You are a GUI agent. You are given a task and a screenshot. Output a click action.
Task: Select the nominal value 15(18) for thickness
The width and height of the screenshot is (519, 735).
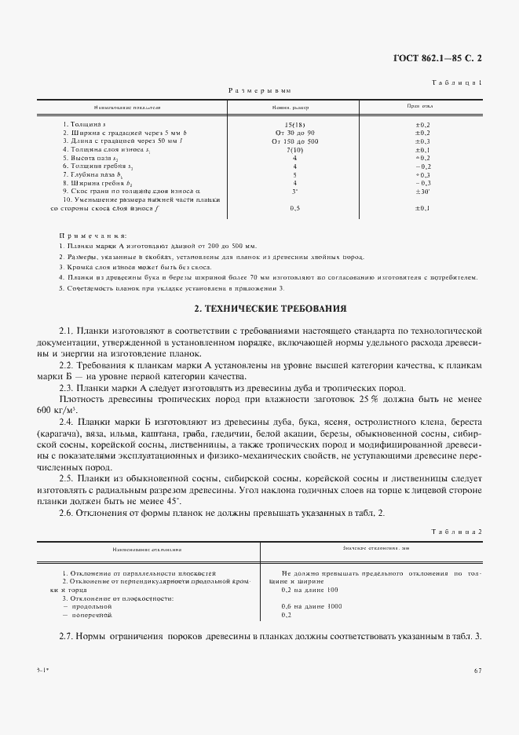[294, 125]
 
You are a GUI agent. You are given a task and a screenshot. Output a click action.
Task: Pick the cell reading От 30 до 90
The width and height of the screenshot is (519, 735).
[294, 133]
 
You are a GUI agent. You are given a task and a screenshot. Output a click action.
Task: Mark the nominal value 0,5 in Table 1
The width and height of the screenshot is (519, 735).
[294, 208]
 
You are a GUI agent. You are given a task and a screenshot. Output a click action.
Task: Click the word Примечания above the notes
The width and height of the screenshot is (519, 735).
[93, 236]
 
